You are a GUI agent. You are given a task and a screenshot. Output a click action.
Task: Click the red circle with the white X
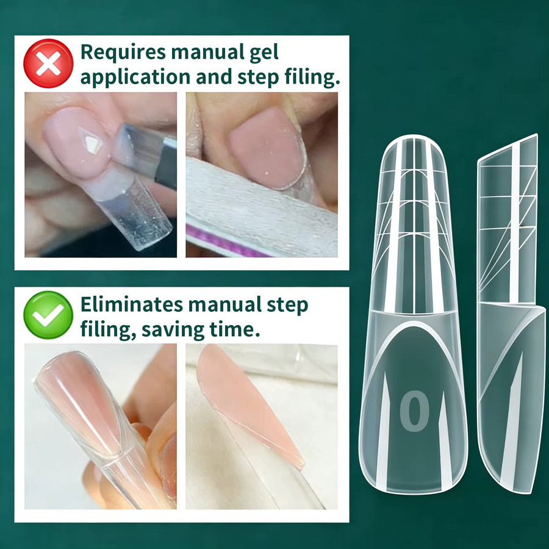point(48,63)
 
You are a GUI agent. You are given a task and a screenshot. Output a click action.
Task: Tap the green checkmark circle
point(48,315)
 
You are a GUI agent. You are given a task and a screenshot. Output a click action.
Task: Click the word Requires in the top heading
point(123,52)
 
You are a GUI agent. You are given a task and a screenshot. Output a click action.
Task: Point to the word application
point(135,77)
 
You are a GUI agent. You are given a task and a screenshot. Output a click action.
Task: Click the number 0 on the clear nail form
point(415,411)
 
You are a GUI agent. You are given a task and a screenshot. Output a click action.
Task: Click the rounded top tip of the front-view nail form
point(414,137)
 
